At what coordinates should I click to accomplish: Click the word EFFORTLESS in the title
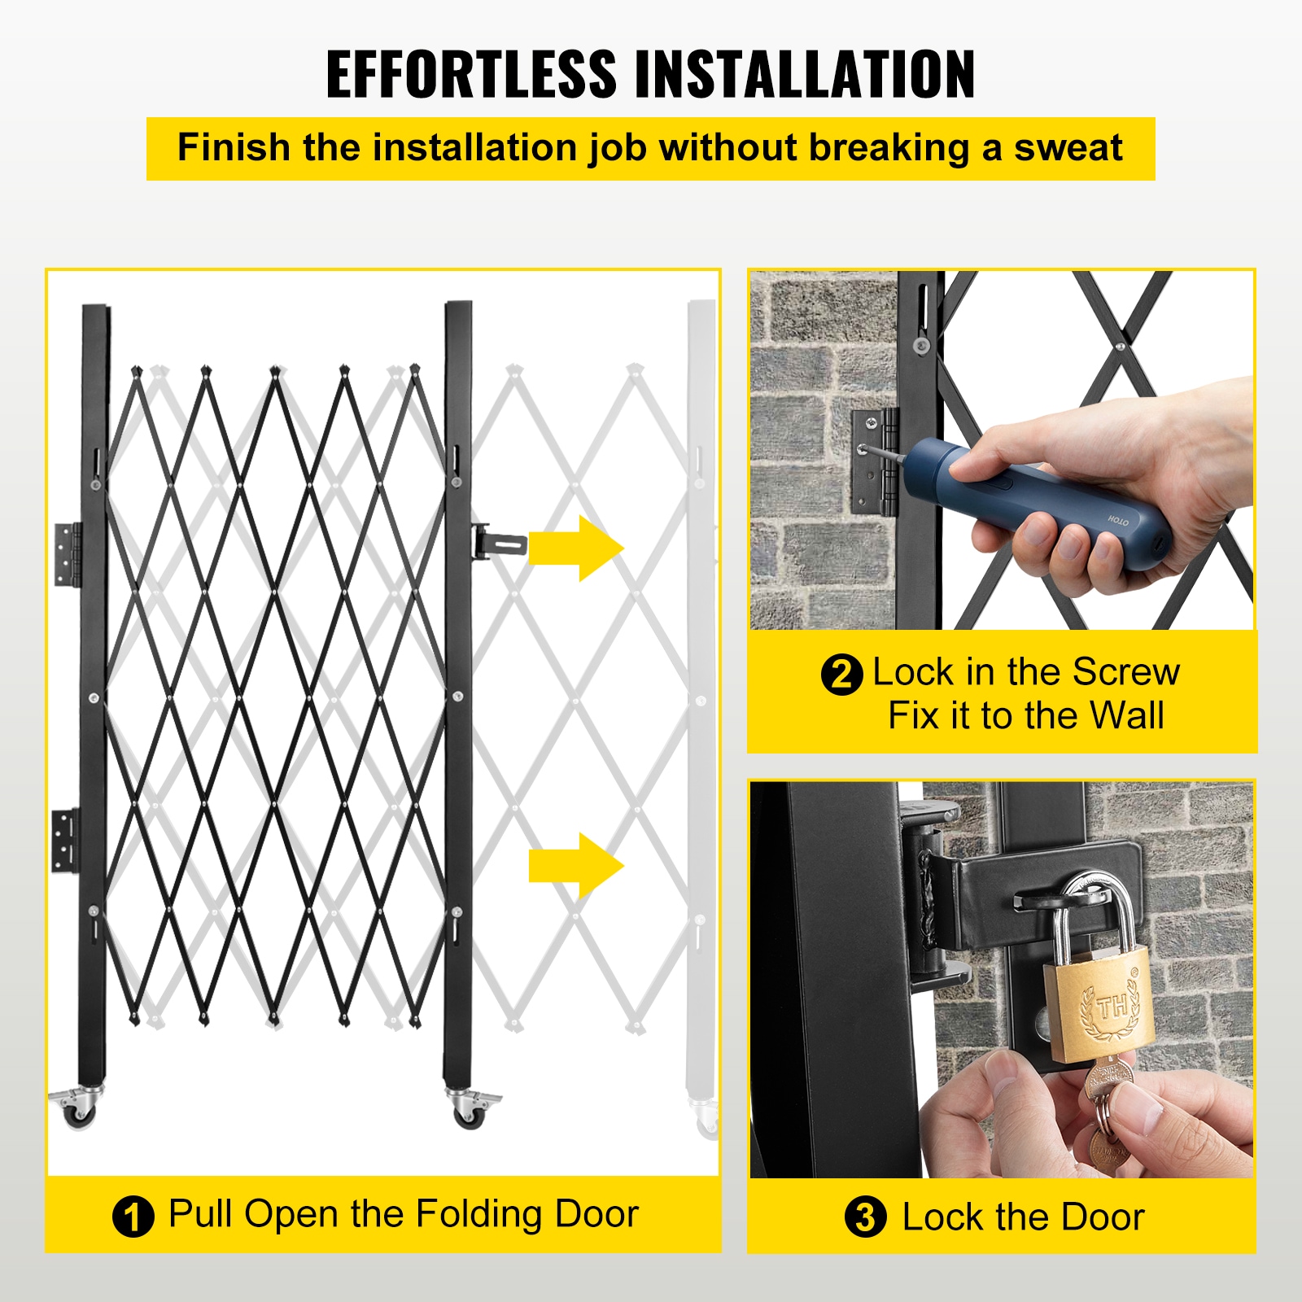(471, 75)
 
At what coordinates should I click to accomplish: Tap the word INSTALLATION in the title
(804, 75)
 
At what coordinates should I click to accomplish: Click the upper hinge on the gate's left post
(68, 554)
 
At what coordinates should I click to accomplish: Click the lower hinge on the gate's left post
(66, 841)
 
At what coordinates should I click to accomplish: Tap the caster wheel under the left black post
(79, 1110)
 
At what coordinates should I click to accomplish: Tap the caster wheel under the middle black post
(469, 1110)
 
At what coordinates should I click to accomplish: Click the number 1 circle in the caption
(133, 1217)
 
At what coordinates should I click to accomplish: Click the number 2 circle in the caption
(841, 675)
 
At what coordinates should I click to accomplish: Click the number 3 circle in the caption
(865, 1217)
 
